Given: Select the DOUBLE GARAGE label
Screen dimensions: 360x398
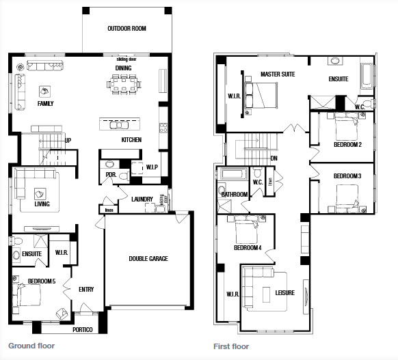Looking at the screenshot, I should [148, 259].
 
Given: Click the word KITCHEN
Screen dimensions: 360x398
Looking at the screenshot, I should [131, 139].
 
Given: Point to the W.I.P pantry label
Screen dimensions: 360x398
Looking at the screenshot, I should [152, 167].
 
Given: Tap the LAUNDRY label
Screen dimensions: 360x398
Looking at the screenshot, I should [142, 199].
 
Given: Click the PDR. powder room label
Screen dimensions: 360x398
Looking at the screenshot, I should [109, 174].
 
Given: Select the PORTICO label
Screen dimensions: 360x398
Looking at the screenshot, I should [83, 329].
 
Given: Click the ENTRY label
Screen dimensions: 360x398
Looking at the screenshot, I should [86, 290].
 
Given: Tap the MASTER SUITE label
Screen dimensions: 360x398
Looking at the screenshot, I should [278, 74].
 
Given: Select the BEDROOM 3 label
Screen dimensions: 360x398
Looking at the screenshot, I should [347, 176].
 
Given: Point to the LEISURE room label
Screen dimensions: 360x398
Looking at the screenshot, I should [284, 293].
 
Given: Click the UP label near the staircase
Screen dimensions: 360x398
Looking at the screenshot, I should [68, 141].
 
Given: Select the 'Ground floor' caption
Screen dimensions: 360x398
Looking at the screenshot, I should [31, 346].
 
